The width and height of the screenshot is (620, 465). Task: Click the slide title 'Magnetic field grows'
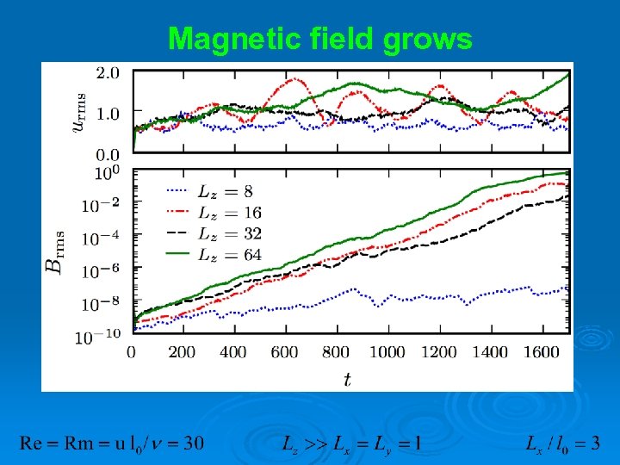(x=319, y=39)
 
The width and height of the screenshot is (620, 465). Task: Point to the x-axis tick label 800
(x=337, y=352)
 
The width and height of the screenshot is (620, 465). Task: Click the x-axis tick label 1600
(x=543, y=352)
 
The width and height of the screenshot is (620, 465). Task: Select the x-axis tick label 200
(x=183, y=352)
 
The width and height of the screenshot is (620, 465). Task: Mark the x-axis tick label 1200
(x=440, y=352)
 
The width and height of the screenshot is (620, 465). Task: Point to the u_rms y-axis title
(x=79, y=113)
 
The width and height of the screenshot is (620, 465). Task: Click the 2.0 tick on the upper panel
(x=108, y=73)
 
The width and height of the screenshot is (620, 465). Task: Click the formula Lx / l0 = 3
(x=563, y=443)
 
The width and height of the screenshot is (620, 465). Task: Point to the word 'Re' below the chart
(x=31, y=443)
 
